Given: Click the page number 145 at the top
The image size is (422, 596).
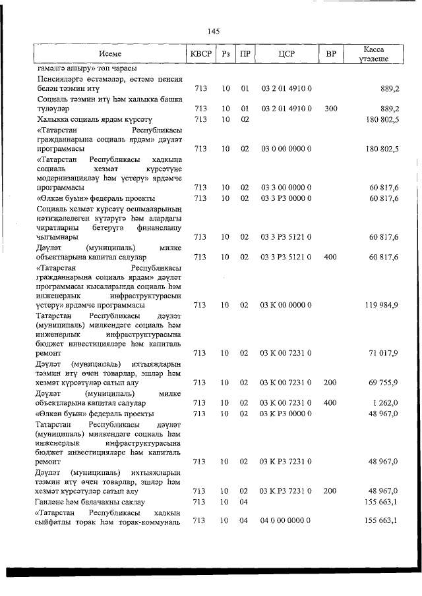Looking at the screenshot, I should tap(212, 32).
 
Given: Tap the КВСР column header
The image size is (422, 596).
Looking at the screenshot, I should tap(200, 54).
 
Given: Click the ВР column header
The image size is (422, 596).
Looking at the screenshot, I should tap(331, 54).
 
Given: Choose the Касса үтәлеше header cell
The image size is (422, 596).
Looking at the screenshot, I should tap(373, 54).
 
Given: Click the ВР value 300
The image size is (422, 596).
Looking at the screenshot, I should tap(331, 109).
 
